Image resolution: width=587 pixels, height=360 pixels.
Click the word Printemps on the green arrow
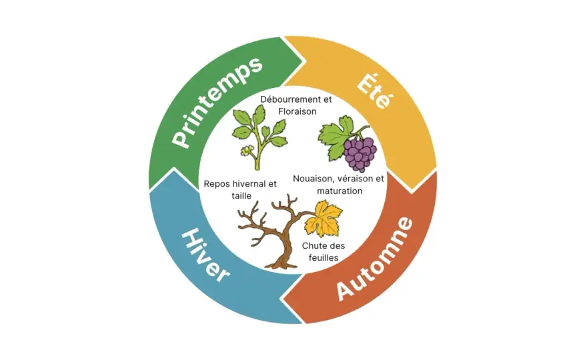tap(217, 102)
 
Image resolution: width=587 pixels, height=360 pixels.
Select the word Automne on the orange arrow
tap(375, 259)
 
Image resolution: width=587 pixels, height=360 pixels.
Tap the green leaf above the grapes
tap(336, 137)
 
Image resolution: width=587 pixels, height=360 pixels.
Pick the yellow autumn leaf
tap(324, 219)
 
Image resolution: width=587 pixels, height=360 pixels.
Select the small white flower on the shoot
tap(247, 151)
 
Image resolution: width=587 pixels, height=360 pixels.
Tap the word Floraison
tap(298, 111)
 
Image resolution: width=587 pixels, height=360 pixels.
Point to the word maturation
tap(340, 191)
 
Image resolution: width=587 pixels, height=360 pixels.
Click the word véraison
tap(354, 179)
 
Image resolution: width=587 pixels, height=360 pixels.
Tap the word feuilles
tap(324, 258)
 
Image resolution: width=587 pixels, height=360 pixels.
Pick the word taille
tap(241, 196)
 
